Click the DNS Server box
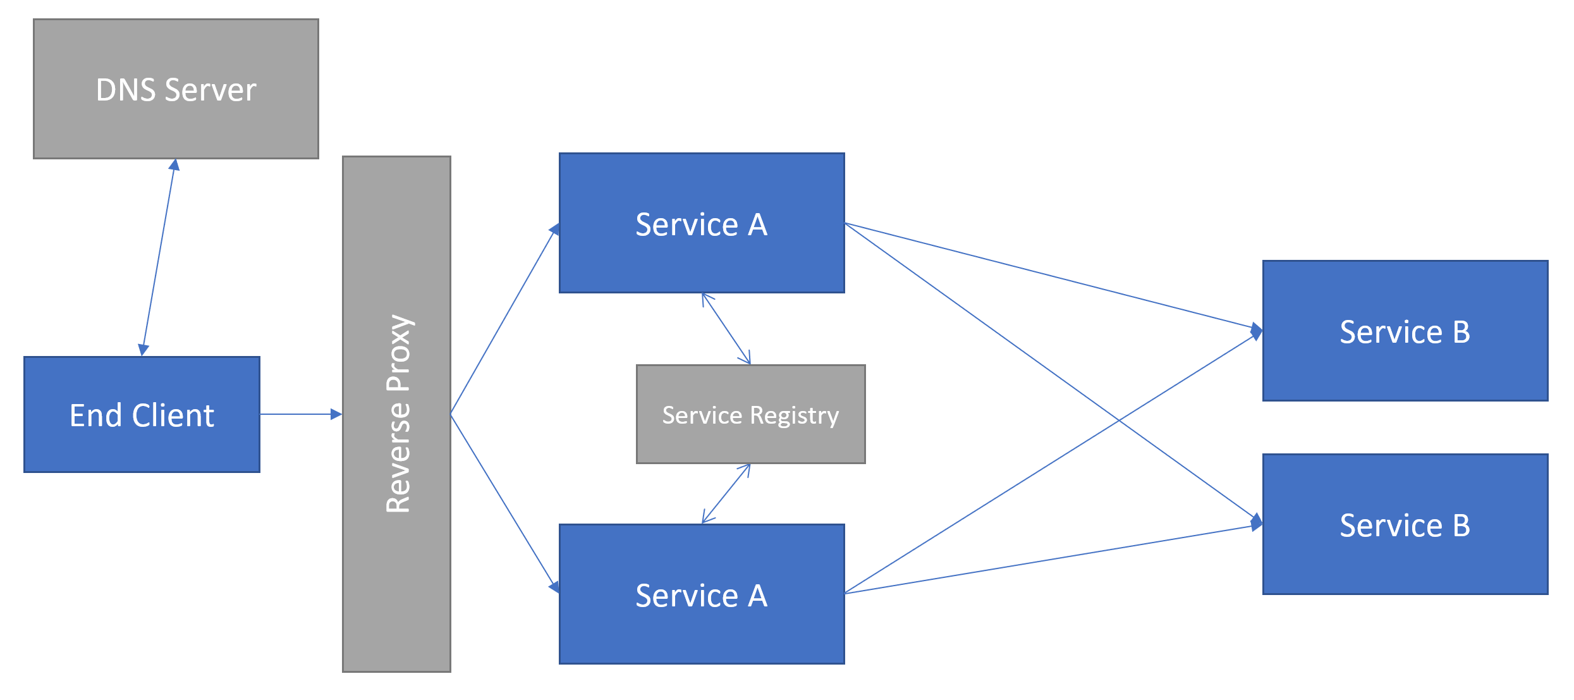176,89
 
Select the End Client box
142,414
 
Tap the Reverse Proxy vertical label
398,414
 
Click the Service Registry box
750,414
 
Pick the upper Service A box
702,223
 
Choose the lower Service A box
702,594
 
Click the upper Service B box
1405,331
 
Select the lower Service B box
1405,524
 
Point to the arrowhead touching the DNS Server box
174,165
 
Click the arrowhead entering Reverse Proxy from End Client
336,414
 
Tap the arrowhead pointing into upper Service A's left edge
554,229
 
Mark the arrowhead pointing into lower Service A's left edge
554,587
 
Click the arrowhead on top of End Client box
143,350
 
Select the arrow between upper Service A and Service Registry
726,329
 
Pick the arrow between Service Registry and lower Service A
726,493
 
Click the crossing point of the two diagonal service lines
1119,420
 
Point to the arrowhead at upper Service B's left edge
1257,331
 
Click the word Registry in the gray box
795,415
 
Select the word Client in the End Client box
173,415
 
